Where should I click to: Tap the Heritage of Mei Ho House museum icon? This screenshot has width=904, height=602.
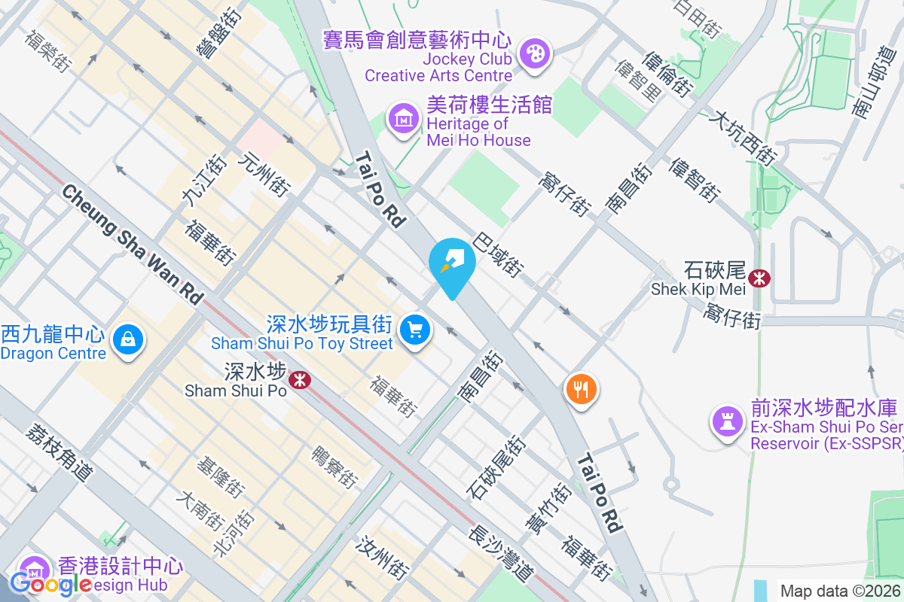404,118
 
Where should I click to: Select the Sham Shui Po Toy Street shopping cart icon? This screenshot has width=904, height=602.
414,330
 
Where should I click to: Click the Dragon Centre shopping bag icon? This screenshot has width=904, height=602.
128,340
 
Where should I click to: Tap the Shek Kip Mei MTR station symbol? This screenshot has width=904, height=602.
759,278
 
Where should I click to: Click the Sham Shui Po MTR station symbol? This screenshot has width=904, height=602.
300,380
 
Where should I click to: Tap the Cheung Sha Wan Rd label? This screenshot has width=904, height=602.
133,245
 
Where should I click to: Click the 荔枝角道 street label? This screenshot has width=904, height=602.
60,451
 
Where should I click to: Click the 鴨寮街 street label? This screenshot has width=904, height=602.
333,467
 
